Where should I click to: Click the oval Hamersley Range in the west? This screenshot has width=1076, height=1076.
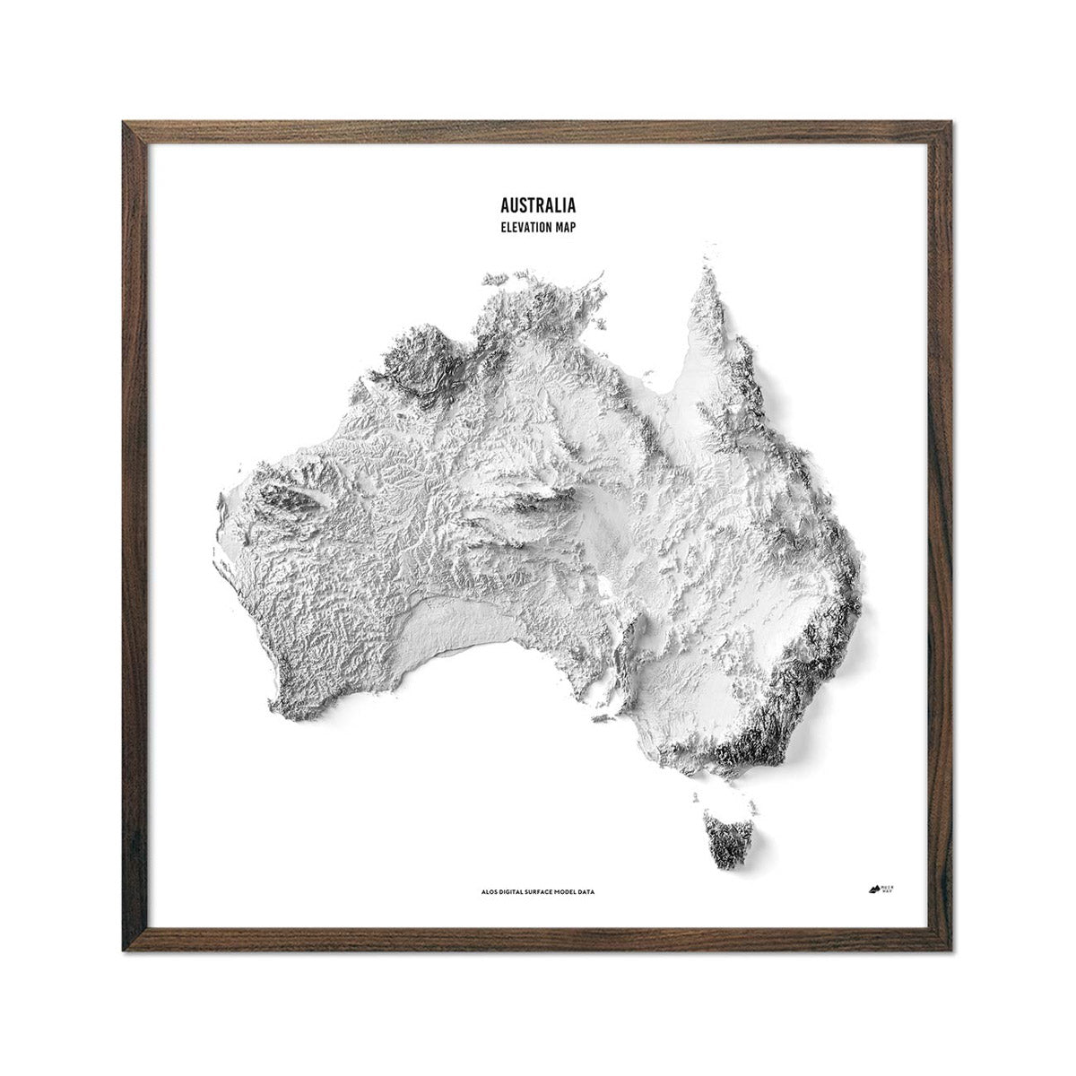[287, 499]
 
